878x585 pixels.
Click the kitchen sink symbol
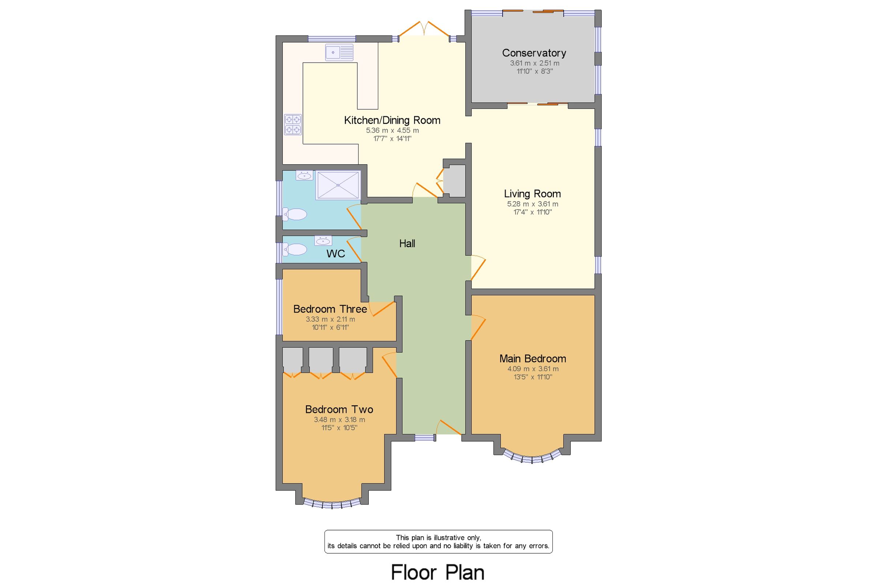(339, 52)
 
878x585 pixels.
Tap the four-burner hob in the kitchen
(293, 125)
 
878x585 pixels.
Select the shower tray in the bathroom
(338, 185)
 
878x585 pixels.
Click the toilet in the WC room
(294, 249)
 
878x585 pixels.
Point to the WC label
(335, 254)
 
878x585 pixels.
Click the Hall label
(407, 244)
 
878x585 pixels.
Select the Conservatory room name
(534, 53)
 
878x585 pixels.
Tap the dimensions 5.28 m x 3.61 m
(532, 204)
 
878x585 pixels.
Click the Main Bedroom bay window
(532, 457)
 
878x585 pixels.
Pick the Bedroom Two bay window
(331, 504)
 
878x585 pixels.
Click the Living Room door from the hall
(478, 267)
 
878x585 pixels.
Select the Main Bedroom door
(478, 327)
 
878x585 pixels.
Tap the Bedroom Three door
(382, 308)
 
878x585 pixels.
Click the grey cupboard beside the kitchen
(454, 181)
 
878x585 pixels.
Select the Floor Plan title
(438, 572)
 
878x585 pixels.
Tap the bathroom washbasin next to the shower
(304, 175)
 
